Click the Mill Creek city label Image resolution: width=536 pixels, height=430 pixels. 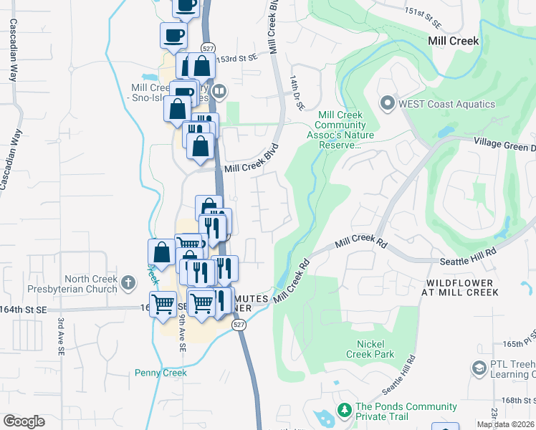coord(453,41)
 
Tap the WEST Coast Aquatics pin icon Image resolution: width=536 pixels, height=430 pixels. coord(388,103)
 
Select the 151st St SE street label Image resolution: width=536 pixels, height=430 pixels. coord(420,12)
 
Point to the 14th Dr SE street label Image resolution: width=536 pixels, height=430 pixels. coord(297,94)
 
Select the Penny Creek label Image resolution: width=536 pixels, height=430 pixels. coord(161,373)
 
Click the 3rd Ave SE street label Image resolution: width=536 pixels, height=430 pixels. coord(62,333)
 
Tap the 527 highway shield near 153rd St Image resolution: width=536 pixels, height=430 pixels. coord(208,48)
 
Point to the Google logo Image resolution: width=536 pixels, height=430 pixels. coord(24,421)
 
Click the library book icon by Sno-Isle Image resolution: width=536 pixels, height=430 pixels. coord(219,92)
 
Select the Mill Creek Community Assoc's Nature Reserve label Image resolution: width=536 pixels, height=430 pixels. coord(340,130)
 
